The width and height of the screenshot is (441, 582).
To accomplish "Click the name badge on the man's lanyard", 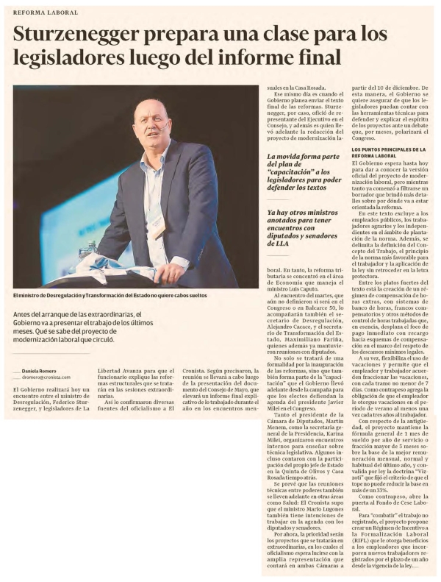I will [x=159, y=229].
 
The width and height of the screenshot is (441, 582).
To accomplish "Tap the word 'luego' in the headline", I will [x=154, y=57].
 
